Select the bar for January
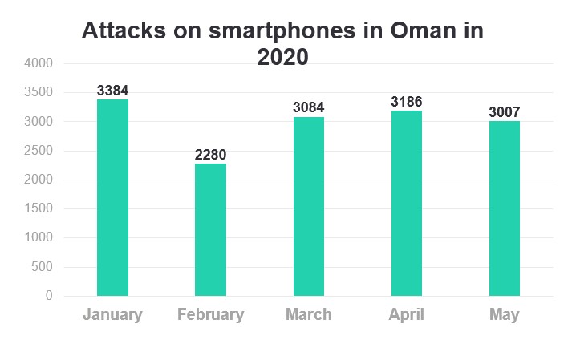(112, 197)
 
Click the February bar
(210, 229)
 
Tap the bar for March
(309, 206)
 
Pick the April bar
(407, 203)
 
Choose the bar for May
(505, 208)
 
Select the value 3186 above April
(407, 102)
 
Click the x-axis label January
(112, 314)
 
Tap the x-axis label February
(210, 314)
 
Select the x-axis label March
(309, 314)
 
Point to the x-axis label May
(505, 314)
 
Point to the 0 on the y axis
(49, 296)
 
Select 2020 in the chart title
(282, 57)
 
